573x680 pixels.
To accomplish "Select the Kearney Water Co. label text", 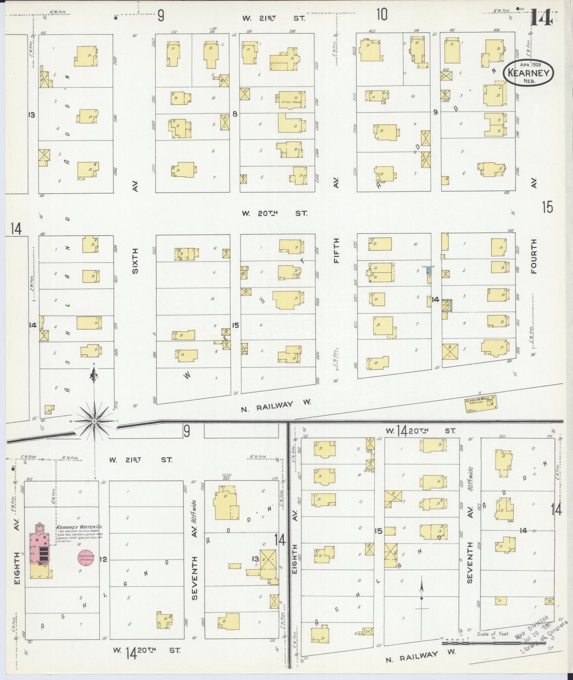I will [79, 527].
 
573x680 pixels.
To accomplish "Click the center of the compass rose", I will [95, 421].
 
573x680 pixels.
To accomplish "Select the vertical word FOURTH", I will [534, 256].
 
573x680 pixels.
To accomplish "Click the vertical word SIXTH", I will [135, 261].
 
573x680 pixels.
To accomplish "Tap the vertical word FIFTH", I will [337, 250].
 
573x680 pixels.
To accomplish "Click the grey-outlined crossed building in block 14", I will [447, 305].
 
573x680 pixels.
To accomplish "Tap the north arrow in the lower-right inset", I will [422, 589].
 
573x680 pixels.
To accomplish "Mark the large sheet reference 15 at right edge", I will [548, 207].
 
